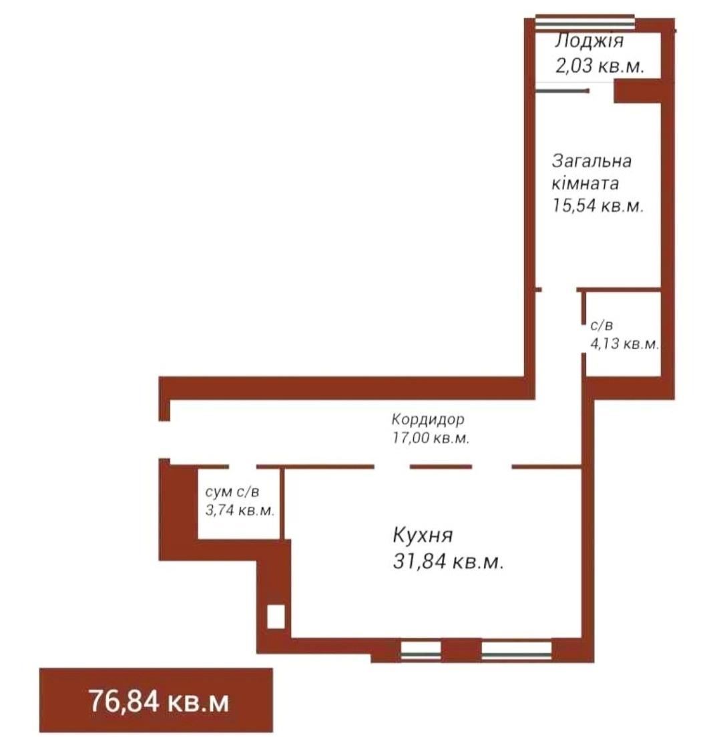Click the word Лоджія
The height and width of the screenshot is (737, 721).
pyautogui.click(x=589, y=41)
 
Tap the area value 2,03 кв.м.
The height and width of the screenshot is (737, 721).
pyautogui.click(x=599, y=66)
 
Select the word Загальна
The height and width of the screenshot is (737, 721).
pyautogui.click(x=591, y=161)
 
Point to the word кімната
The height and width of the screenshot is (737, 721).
pyautogui.click(x=585, y=183)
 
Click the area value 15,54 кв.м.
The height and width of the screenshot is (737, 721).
pyautogui.click(x=597, y=205)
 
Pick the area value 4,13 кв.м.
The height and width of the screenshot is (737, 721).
pyautogui.click(x=625, y=344)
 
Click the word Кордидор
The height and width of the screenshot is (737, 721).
pyautogui.click(x=427, y=418)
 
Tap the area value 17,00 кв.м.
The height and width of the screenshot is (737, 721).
pyautogui.click(x=431, y=438)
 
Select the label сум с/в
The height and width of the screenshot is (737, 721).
pyautogui.click(x=232, y=492)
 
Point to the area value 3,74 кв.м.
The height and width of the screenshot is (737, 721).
pyautogui.click(x=240, y=510)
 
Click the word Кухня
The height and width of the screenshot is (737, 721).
pyautogui.click(x=423, y=535)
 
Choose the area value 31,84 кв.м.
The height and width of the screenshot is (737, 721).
pyautogui.click(x=448, y=561)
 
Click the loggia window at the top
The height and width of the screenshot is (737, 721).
pyautogui.click(x=585, y=23)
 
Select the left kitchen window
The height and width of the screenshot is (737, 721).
pyautogui.click(x=421, y=650)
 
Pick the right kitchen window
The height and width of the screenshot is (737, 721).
pyautogui.click(x=517, y=650)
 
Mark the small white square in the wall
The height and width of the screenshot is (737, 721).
pyautogui.click(x=276, y=616)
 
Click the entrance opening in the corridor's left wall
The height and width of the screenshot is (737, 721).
pyautogui.click(x=165, y=440)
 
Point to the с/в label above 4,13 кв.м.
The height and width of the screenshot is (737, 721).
pyautogui.click(x=602, y=325)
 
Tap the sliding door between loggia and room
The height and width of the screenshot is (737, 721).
pyautogui.click(x=562, y=90)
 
